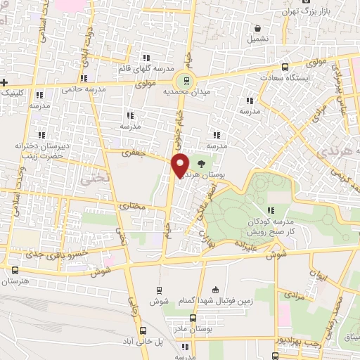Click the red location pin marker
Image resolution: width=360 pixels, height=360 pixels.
181,165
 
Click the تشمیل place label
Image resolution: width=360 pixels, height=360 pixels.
258,39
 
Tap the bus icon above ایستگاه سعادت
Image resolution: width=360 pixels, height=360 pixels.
285,67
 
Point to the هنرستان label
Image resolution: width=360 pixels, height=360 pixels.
18,281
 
